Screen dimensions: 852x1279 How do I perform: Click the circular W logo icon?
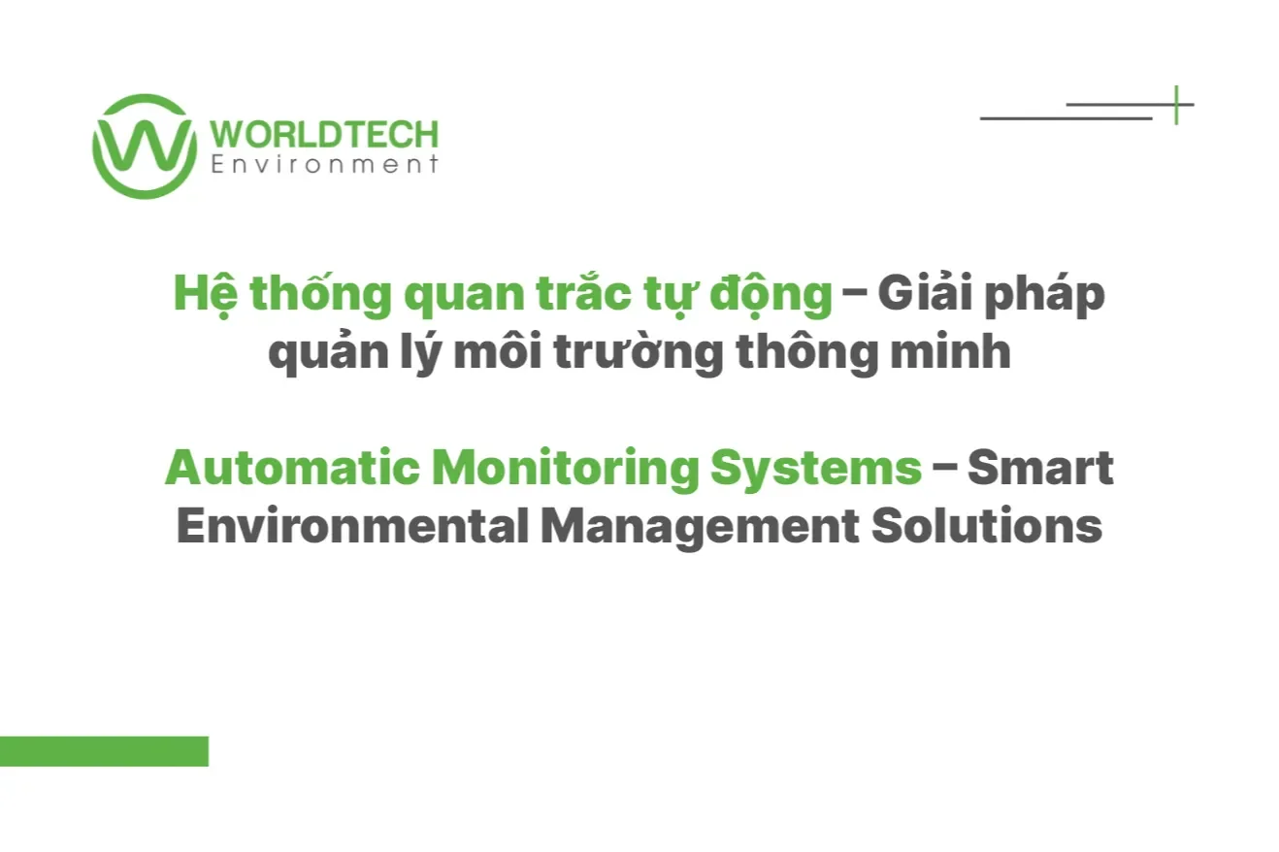pyautogui.click(x=145, y=147)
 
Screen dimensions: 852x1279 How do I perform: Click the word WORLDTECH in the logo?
pyautogui.click(x=323, y=134)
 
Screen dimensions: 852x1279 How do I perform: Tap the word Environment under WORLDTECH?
pyautogui.click(x=323, y=165)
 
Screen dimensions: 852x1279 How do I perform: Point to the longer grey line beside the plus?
pyautogui.click(x=1066, y=118)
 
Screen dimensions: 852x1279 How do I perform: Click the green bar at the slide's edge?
pyautogui.click(x=104, y=751)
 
